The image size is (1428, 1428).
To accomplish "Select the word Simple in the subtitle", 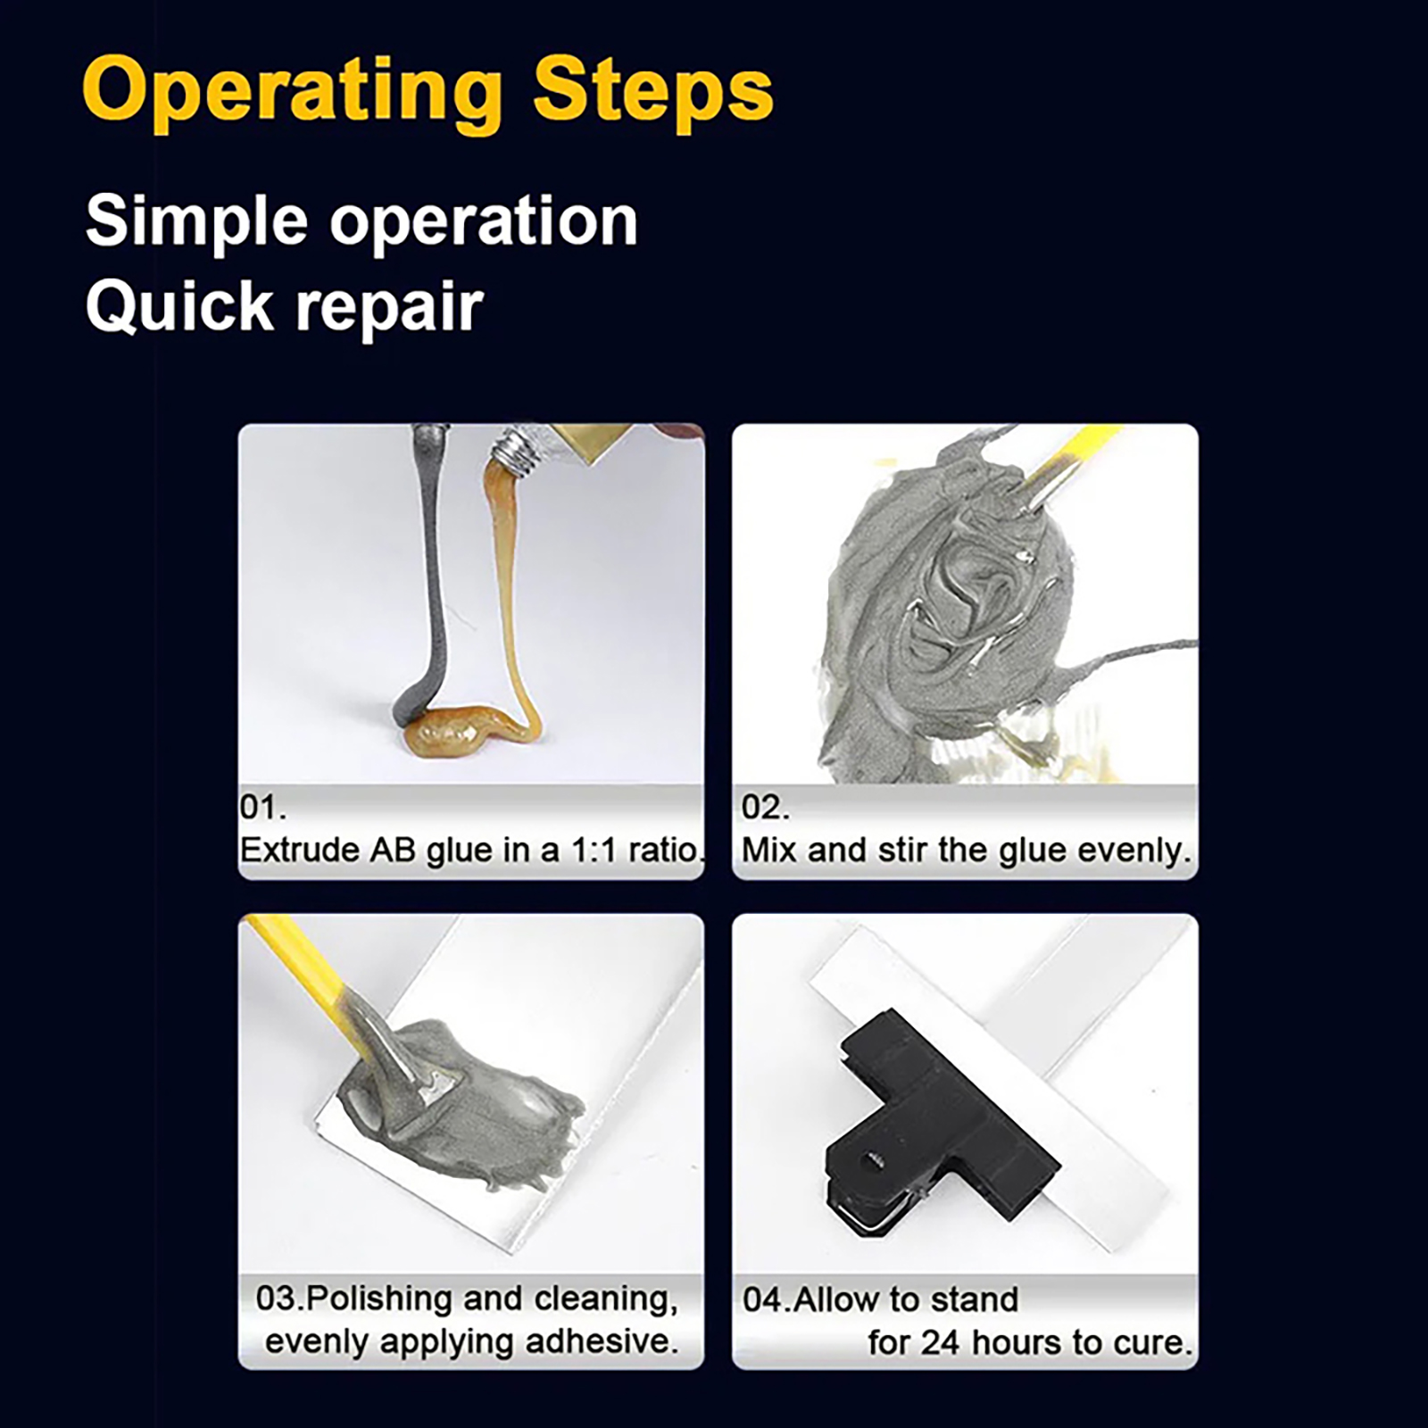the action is coord(196,223).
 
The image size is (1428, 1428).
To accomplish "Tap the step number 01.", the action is coord(262,807).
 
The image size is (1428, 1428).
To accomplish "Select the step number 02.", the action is coord(766,807).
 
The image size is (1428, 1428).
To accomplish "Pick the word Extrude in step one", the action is coord(299,850).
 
